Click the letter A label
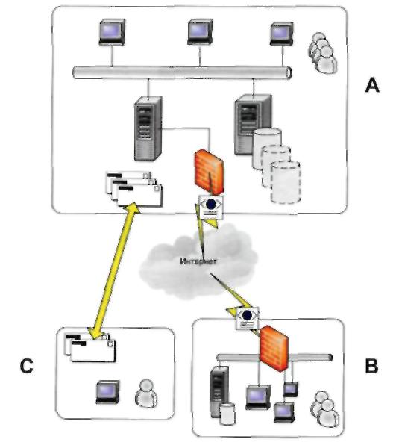click(x=372, y=85)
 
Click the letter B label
click(x=371, y=366)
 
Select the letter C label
click(x=27, y=366)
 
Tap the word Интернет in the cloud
click(x=199, y=261)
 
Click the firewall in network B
click(x=274, y=348)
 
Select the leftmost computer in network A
click(x=112, y=31)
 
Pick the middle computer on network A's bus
click(x=200, y=31)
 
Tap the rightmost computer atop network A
click(x=282, y=34)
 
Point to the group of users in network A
click(x=322, y=53)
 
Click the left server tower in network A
click(x=148, y=129)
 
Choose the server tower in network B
click(x=219, y=392)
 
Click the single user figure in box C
click(x=146, y=393)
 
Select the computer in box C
click(x=107, y=392)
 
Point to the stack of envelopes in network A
click(x=133, y=189)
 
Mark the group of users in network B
click(x=324, y=409)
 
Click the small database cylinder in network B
click(x=227, y=413)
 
